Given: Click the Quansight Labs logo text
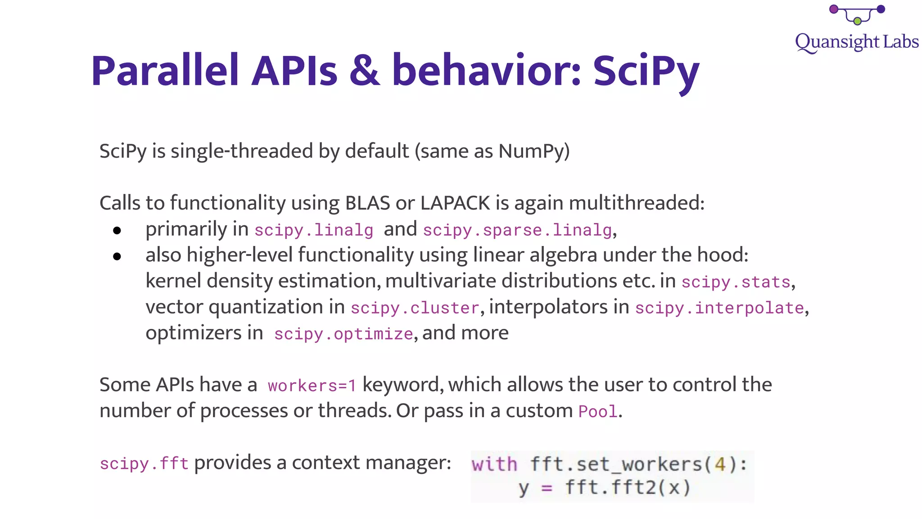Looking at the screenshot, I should (x=856, y=42).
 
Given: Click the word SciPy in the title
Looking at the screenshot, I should (x=646, y=71).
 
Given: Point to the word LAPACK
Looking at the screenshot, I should (x=455, y=203).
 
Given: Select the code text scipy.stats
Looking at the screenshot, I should (x=736, y=282).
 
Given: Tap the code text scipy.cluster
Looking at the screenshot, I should (x=415, y=308).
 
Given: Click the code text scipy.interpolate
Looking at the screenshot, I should (x=719, y=308).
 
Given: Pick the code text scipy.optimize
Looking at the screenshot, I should (x=343, y=334).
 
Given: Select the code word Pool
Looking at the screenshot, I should (x=597, y=412).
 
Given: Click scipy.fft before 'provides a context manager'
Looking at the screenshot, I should (x=144, y=464).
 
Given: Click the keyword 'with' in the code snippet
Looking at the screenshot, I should (x=494, y=464).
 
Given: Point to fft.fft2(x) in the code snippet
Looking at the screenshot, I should (x=628, y=488).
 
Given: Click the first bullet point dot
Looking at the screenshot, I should (x=117, y=231).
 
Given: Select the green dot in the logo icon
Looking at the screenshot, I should (x=857, y=21).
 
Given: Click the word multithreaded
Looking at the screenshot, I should (x=636, y=203).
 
